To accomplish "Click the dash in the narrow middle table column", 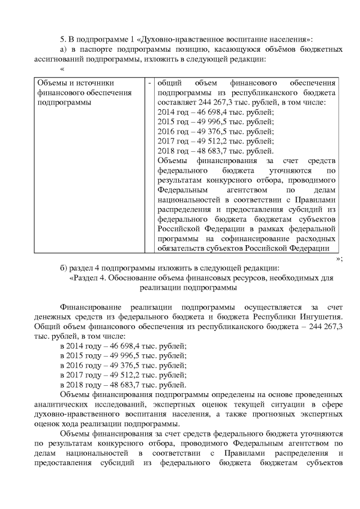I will (x=150, y=83).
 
